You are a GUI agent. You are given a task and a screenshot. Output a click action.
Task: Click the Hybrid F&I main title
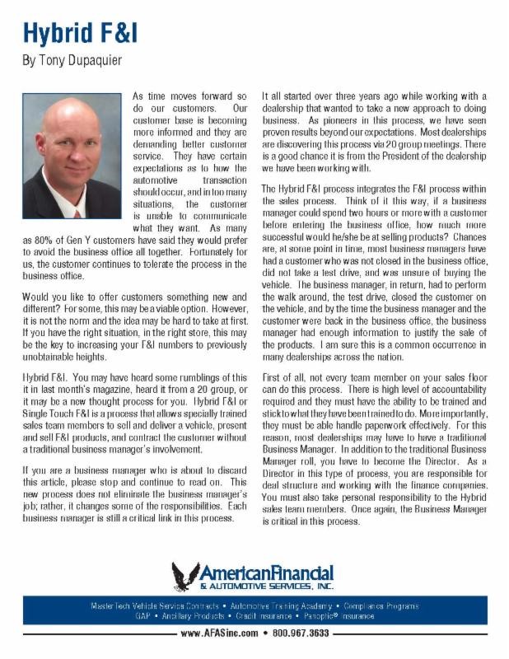(x=79, y=32)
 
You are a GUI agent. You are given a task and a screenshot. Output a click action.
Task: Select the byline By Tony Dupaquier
(x=71, y=61)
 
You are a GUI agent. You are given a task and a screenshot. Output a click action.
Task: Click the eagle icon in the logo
(x=186, y=574)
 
